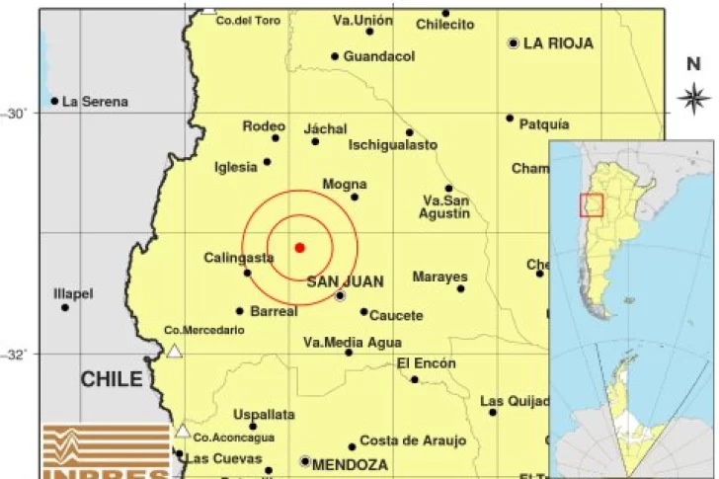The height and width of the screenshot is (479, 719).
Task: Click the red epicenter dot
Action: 299,247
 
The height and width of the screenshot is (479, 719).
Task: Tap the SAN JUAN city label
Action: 345,281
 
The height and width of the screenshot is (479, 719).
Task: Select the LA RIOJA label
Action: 558,43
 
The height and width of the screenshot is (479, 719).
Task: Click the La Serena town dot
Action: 54,101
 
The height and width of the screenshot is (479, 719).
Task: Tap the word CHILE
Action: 111,379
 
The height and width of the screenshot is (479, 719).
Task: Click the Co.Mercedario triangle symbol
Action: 175,351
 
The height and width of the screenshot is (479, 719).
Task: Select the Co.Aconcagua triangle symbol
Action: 182,431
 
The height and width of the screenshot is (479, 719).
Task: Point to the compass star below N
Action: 694,97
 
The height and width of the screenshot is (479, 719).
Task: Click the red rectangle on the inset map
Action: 591,204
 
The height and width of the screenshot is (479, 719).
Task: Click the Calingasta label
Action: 239,258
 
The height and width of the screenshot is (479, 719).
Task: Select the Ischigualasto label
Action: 392,145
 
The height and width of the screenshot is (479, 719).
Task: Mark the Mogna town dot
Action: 355,197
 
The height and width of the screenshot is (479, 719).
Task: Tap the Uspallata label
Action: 265,415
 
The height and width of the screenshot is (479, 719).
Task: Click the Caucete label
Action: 397,316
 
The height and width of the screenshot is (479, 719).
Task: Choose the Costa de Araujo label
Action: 406,440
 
